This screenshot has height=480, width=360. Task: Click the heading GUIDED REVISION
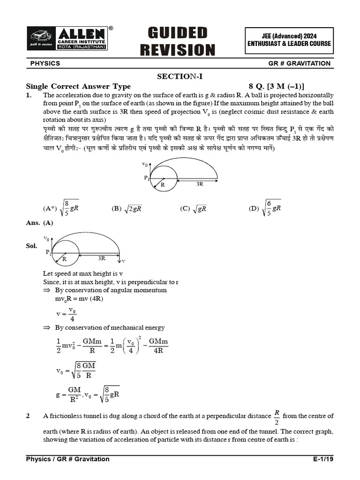coord(181,41)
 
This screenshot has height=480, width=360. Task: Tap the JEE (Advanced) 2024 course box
coord(289,40)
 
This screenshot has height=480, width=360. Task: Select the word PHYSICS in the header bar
coord(45,63)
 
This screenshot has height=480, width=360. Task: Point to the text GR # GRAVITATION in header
coord(299,63)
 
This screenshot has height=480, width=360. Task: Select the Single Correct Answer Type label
coord(78,86)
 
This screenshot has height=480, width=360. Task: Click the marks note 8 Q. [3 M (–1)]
coord(277,86)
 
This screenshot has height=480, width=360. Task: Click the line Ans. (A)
coord(39,223)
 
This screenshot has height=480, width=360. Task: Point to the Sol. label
coord(31,246)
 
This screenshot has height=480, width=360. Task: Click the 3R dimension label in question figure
coord(199,184)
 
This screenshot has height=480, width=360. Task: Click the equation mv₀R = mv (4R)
coord(80,299)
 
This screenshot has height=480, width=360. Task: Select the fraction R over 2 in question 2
coord(277,415)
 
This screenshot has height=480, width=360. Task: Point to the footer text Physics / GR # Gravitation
coord(67,459)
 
